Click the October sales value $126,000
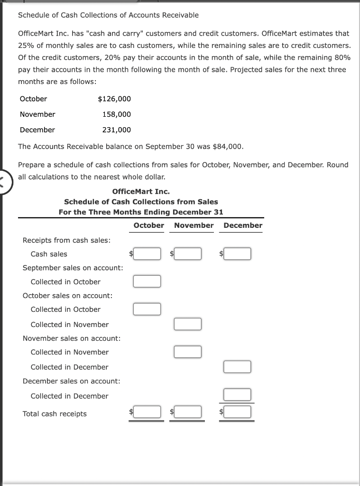click(x=114, y=99)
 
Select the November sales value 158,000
click(x=117, y=114)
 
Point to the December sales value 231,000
click(x=117, y=130)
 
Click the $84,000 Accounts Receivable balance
click(x=228, y=146)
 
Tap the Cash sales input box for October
click(x=147, y=254)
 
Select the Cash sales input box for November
click(x=188, y=254)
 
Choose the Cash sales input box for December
click(x=238, y=254)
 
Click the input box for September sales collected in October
click(x=147, y=281)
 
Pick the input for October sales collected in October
click(x=147, y=309)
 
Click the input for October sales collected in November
click(x=188, y=324)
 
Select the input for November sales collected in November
click(x=188, y=352)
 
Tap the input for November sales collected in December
click(x=238, y=367)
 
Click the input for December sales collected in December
click(x=238, y=395)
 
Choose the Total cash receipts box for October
click(x=147, y=412)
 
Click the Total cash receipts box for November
click(x=188, y=412)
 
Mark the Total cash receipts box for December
click(x=238, y=412)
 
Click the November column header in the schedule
click(x=194, y=225)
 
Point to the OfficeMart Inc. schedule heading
click(x=141, y=192)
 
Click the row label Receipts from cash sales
click(x=66, y=240)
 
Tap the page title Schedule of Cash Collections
click(x=108, y=15)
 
